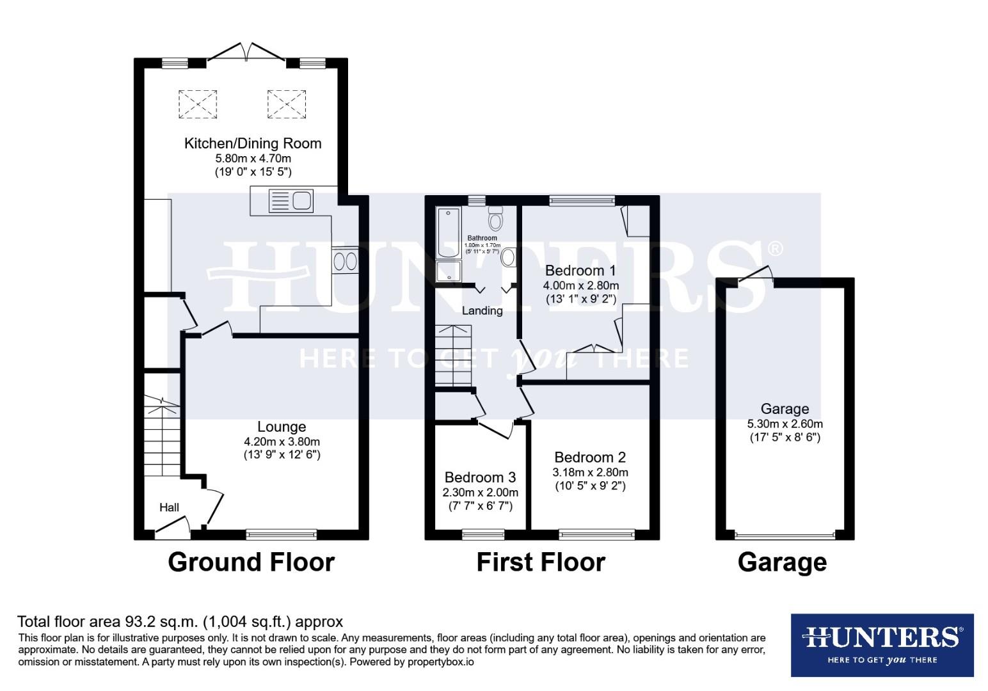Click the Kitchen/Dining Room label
click(x=253, y=143)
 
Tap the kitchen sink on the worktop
click(x=291, y=201)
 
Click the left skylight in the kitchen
click(x=197, y=104)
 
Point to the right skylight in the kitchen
click(x=286, y=104)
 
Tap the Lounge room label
click(x=282, y=427)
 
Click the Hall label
click(x=169, y=507)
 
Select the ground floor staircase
click(x=160, y=436)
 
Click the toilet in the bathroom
click(x=495, y=218)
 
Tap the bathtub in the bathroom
click(x=448, y=233)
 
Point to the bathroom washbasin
click(x=509, y=257)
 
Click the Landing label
click(x=482, y=311)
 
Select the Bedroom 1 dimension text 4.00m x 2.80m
click(x=580, y=285)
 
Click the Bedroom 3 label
click(x=480, y=477)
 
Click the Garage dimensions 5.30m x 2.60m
click(x=785, y=424)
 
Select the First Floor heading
click(x=541, y=562)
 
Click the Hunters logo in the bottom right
click(x=882, y=644)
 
